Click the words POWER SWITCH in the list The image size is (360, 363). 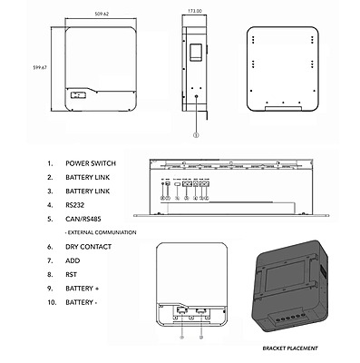[x=90, y=165]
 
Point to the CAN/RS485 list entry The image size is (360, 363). [x=83, y=220]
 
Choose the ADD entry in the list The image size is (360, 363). [x=73, y=260]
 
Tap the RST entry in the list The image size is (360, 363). [x=72, y=274]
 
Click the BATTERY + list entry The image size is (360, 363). [x=84, y=288]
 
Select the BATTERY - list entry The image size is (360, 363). [x=83, y=301]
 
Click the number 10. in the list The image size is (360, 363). [x=50, y=301]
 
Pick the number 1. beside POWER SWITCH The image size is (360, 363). [x=49, y=165]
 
